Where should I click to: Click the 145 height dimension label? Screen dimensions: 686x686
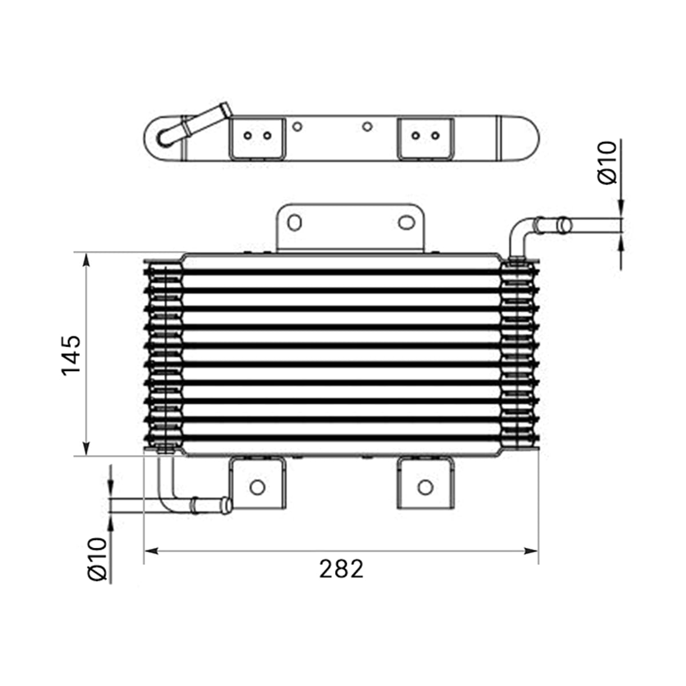coord(71,355)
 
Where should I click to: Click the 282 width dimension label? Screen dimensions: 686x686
coord(341,568)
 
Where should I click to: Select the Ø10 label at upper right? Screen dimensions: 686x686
coord(607,163)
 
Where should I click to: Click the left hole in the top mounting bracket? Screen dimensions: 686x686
coord(294,222)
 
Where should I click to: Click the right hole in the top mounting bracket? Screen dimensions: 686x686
coord(406,222)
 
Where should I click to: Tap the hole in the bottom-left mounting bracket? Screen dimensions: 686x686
coord(257,487)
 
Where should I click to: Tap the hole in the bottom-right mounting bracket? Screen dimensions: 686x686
coord(425,487)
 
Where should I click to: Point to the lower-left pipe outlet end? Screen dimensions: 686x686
coord(226,505)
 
